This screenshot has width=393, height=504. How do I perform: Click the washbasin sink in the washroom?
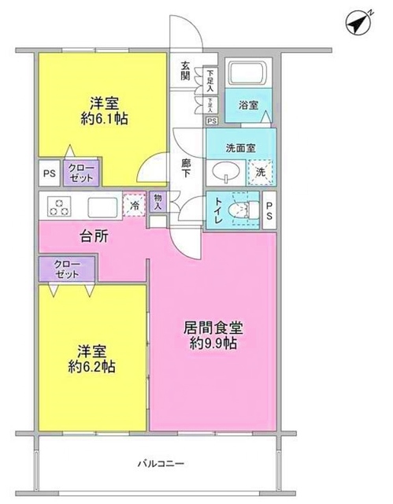click(x=225, y=171)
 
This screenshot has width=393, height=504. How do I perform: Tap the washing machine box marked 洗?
click(x=258, y=171)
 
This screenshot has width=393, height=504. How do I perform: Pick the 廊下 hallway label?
click(x=186, y=168)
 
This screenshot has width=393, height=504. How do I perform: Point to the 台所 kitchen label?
click(x=93, y=235)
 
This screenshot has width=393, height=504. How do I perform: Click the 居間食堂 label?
click(x=213, y=326)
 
